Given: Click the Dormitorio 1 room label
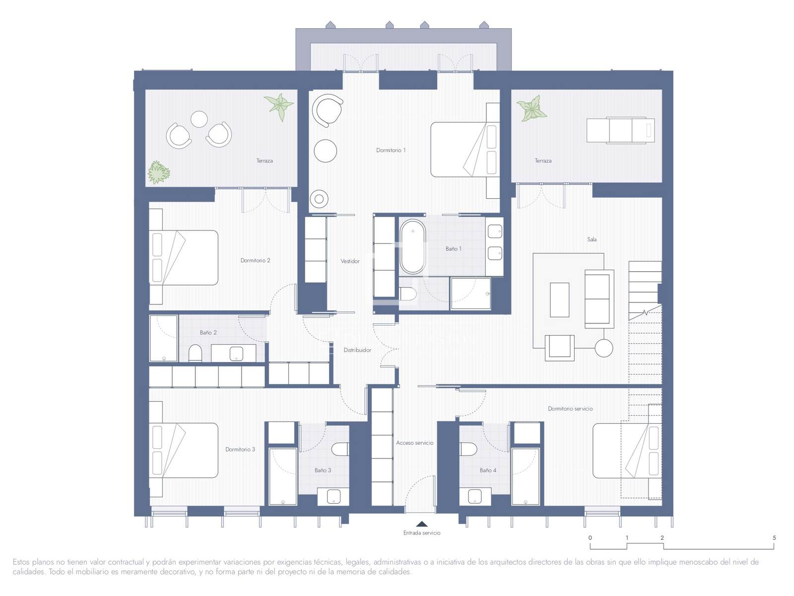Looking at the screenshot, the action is tap(391, 150).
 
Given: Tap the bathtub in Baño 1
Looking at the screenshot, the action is tap(412, 246).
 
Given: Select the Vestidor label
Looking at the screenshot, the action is tap(350, 261).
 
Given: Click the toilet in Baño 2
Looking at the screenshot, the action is tap(196, 353).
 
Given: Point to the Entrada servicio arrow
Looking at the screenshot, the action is tap(422, 523).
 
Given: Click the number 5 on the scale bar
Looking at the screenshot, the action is tap(774, 538).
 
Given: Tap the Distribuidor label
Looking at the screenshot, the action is tap(357, 350).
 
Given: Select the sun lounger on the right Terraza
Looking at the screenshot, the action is tap(620, 130).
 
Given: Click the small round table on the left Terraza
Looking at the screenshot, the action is tap(199, 119).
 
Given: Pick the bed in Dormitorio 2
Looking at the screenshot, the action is tap(184, 258).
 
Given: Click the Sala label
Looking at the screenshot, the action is tap(592, 239).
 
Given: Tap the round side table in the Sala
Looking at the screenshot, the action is tap(604, 348).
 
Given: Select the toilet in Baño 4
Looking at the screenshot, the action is tap(468, 449).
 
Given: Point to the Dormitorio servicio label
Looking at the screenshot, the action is tap(570, 409).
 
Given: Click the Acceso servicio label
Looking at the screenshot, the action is tap(414, 443).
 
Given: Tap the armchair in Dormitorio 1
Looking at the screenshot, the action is tap(328, 110).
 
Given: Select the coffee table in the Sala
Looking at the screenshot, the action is tap(560, 300).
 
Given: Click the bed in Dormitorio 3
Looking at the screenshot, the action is tap(184, 450).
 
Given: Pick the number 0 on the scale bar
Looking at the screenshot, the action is tap(590, 538).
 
